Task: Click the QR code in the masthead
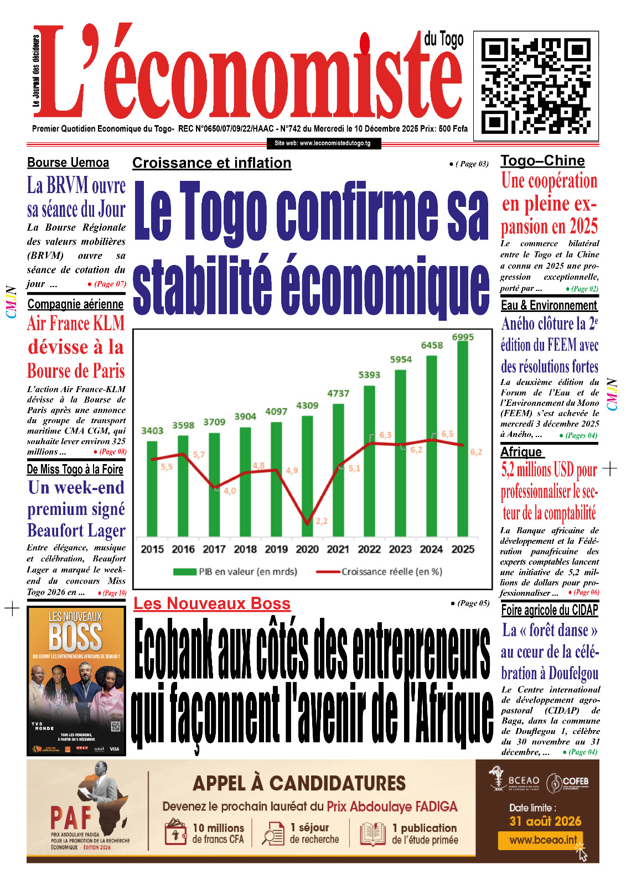[x=536, y=86]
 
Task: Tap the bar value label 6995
[x=463, y=337]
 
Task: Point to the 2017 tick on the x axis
[x=214, y=549]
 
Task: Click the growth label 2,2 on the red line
[x=322, y=521]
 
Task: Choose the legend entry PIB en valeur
[x=235, y=571]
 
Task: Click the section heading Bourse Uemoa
[x=68, y=163]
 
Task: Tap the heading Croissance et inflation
[x=211, y=163]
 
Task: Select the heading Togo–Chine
[x=542, y=161]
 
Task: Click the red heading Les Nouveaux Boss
[x=212, y=603]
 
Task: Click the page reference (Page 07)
[x=110, y=284]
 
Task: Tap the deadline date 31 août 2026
[x=545, y=821]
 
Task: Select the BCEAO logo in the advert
[x=514, y=780]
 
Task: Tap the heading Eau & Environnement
[x=549, y=305]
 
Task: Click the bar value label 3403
[x=152, y=431]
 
